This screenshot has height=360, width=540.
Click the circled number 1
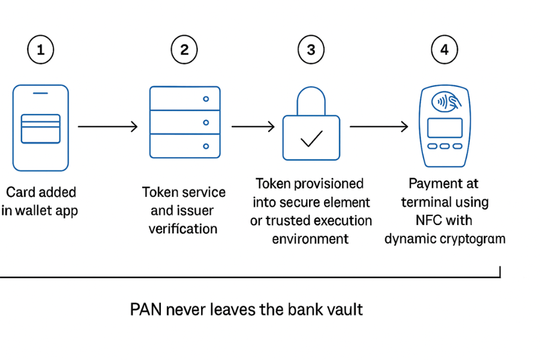point(40,50)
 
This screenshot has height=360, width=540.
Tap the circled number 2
point(184,50)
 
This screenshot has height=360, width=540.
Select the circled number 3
point(311,50)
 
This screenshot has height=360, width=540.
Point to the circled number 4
point(444,50)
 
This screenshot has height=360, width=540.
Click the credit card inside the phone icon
point(40,128)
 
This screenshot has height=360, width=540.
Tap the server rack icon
point(184,122)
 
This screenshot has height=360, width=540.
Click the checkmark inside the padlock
point(311,139)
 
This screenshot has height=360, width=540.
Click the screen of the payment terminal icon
point(445,128)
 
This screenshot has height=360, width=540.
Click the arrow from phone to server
point(107,127)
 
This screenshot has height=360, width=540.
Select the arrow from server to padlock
point(253,127)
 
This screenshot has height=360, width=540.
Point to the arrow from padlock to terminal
point(379,127)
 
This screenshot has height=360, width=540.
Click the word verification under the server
point(183,229)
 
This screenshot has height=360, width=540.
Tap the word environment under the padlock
point(310,239)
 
